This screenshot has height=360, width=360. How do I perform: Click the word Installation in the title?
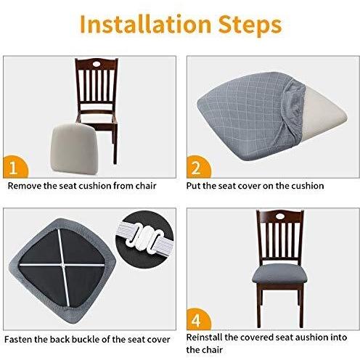[145, 24]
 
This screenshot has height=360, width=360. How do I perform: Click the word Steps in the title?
[250, 25]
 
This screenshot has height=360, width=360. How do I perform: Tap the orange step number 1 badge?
[15, 168]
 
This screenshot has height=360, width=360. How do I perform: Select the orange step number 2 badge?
[198, 167]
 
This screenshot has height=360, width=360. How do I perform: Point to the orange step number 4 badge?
[198, 319]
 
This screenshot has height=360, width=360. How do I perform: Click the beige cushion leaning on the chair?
[74, 148]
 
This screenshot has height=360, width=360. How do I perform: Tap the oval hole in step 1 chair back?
[97, 65]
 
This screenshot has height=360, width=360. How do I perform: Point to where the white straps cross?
[63, 265]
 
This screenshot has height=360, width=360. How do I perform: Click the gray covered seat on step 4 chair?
[279, 274]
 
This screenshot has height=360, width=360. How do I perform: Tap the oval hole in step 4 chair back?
[280, 216]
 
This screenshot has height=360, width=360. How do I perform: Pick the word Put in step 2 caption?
[193, 186]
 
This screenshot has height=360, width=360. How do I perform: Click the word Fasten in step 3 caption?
[18, 339]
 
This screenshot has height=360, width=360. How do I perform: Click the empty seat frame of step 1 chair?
[97, 118]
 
